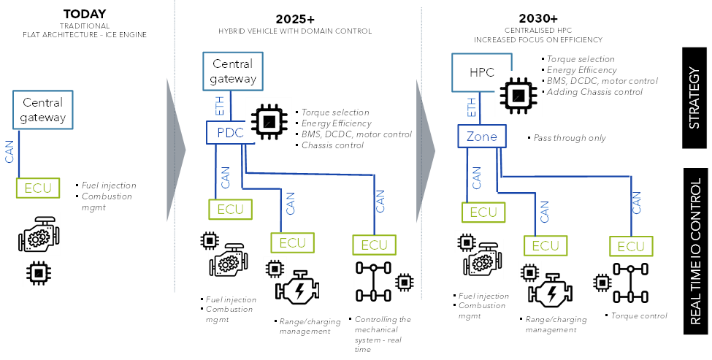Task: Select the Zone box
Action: point(481,137)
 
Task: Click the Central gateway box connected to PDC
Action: point(232,72)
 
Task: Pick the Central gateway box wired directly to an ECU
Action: point(42,110)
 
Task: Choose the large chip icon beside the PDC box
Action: point(269,119)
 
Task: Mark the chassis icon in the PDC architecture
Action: point(374,281)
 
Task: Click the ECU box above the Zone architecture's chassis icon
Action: point(631,247)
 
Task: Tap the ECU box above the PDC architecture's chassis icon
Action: point(374,245)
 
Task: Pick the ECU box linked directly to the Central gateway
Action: point(38,188)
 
